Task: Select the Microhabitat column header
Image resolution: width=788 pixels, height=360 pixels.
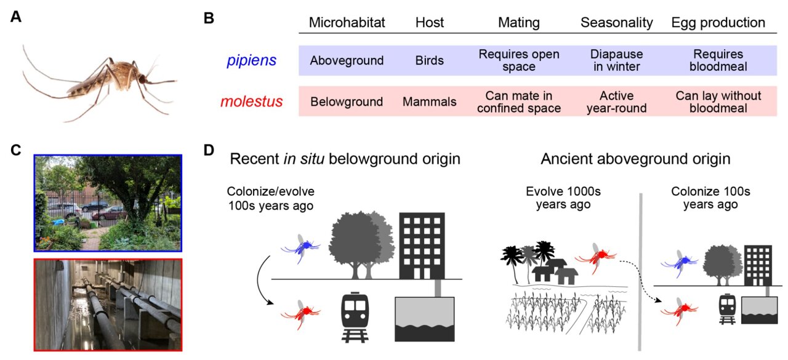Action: pyautogui.click(x=347, y=23)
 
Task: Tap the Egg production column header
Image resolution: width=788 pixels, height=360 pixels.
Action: pyautogui.click(x=718, y=23)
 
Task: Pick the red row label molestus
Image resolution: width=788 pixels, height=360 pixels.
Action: pyautogui.click(x=252, y=102)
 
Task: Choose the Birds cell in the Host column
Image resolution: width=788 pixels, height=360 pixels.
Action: pyautogui.click(x=429, y=61)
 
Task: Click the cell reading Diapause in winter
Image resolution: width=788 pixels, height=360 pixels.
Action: pyautogui.click(x=616, y=60)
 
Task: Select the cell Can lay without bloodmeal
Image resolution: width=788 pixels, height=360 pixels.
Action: pyautogui.click(x=718, y=102)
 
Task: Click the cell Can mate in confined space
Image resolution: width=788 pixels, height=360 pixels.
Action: pyautogui.click(x=519, y=102)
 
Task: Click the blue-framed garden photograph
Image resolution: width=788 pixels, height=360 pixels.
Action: pyautogui.click(x=108, y=202)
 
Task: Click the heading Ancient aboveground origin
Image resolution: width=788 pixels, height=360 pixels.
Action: pyautogui.click(x=635, y=159)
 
